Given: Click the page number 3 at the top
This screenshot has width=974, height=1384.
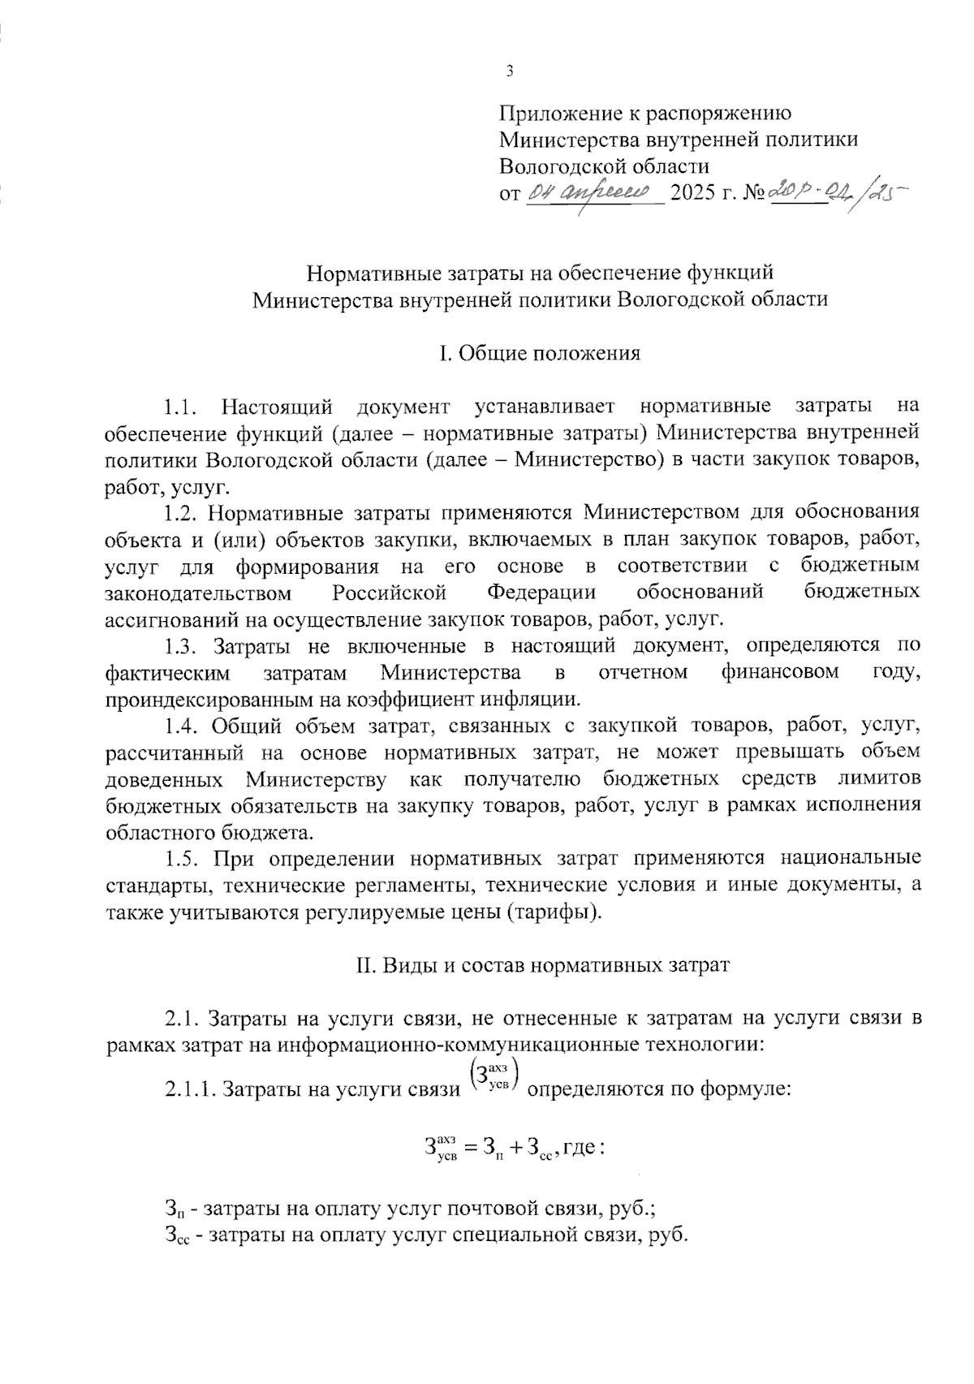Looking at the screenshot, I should [509, 71].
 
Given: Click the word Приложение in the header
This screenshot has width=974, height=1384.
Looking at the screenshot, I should [554, 114].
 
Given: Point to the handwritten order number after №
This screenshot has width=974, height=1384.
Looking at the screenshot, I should [836, 192].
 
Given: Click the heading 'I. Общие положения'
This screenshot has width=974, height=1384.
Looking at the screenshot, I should [539, 353].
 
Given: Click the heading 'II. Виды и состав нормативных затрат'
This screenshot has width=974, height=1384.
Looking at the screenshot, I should [543, 965].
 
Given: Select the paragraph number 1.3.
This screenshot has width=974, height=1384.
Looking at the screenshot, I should [181, 646].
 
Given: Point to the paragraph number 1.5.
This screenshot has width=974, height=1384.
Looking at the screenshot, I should [181, 858].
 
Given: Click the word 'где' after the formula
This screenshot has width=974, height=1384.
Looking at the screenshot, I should [580, 1147].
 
